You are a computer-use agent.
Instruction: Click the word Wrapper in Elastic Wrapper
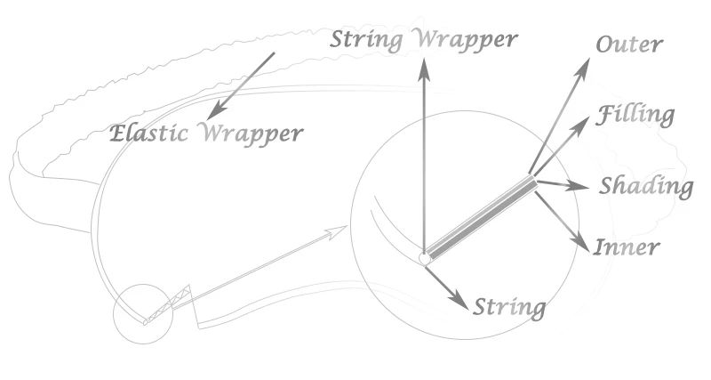coord(251,134)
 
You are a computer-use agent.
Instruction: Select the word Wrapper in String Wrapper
coord(467,40)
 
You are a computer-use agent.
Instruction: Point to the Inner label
coord(627,247)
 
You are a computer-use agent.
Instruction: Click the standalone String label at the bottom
coord(509,308)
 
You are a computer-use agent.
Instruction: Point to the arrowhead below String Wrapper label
coord(424,69)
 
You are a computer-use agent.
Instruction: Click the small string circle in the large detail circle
coord(425,258)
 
